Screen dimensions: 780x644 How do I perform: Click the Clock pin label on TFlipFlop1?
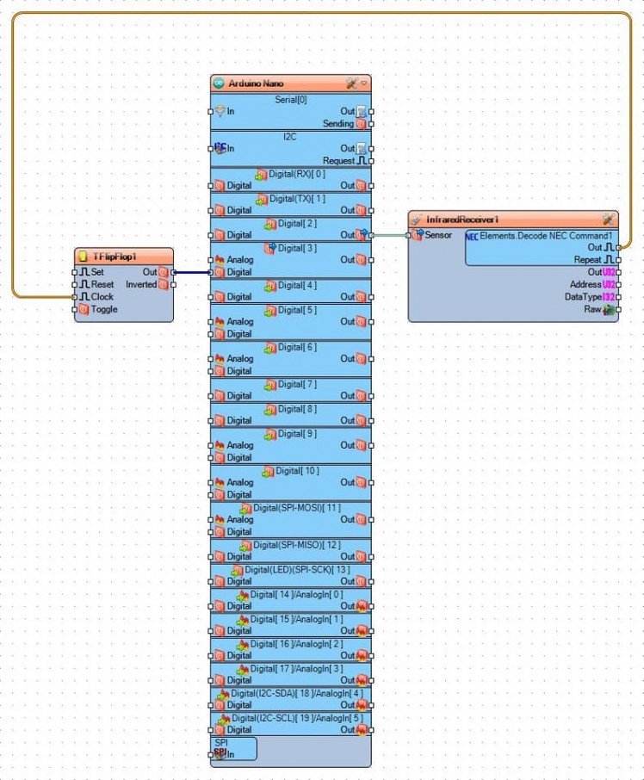coord(102,297)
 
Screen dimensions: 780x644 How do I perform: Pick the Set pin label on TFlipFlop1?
coord(97,272)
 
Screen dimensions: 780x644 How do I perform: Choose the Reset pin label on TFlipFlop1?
coord(102,284)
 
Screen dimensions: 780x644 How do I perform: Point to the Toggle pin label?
coord(104,309)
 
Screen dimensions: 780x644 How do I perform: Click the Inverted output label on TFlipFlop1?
coord(141,284)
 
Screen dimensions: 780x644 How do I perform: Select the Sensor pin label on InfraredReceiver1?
coord(438,235)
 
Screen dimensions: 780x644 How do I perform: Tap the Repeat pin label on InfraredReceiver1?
coord(587,259)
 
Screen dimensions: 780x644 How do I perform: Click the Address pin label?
coord(585,284)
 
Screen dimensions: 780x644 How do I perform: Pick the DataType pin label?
coord(583,297)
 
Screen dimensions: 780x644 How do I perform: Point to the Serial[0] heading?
coord(290,100)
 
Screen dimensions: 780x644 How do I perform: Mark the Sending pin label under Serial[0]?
coord(338,124)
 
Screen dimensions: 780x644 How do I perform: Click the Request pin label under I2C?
coord(338,161)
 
